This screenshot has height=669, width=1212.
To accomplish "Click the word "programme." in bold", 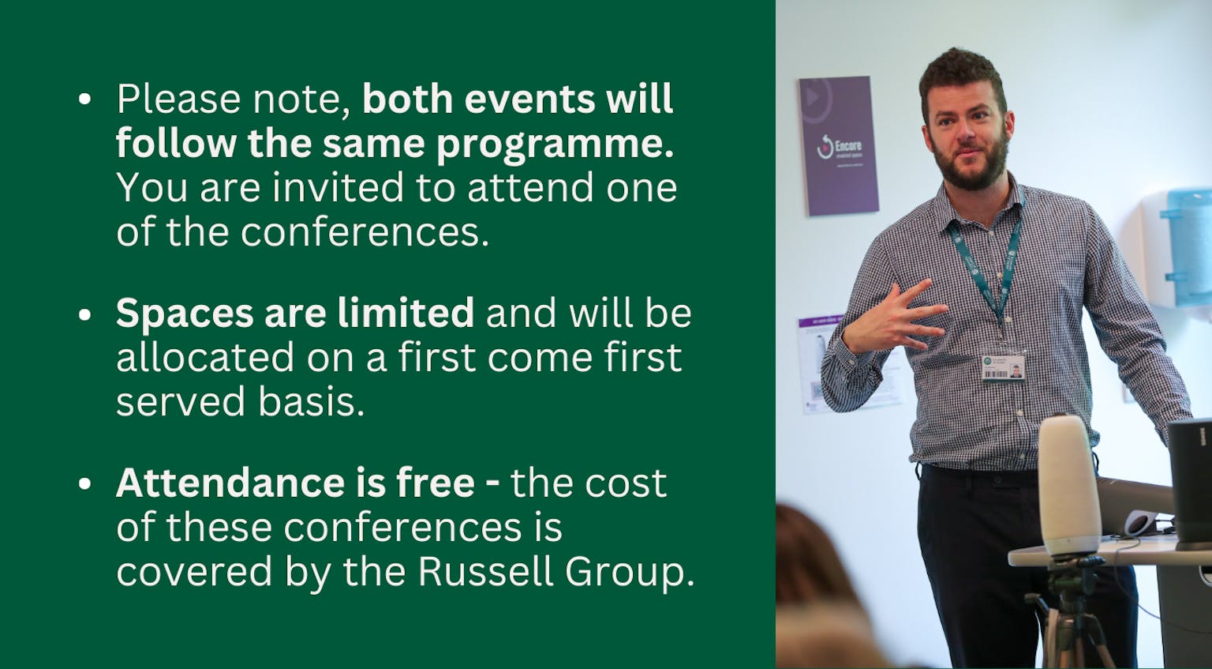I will (x=555, y=145).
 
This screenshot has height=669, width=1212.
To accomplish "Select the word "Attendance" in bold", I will (x=228, y=483).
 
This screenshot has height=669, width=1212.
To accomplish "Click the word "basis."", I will (x=301, y=401).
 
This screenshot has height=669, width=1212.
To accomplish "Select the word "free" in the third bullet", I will (x=436, y=483).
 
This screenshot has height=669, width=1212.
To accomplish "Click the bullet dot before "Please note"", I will (x=85, y=100).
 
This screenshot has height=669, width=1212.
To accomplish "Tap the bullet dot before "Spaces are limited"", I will (x=85, y=314).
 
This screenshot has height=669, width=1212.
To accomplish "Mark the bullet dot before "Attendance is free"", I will (x=85, y=484).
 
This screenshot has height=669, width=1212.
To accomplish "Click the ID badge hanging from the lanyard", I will (x=1003, y=366).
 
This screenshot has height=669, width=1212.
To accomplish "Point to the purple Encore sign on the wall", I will (x=839, y=145).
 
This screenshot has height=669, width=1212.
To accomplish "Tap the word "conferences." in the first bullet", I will (x=365, y=232).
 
